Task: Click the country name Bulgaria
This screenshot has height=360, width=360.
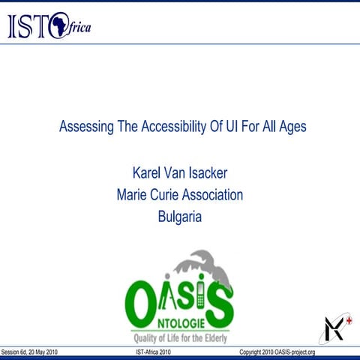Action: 180,217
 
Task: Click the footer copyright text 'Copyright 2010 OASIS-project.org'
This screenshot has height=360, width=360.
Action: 277,352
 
